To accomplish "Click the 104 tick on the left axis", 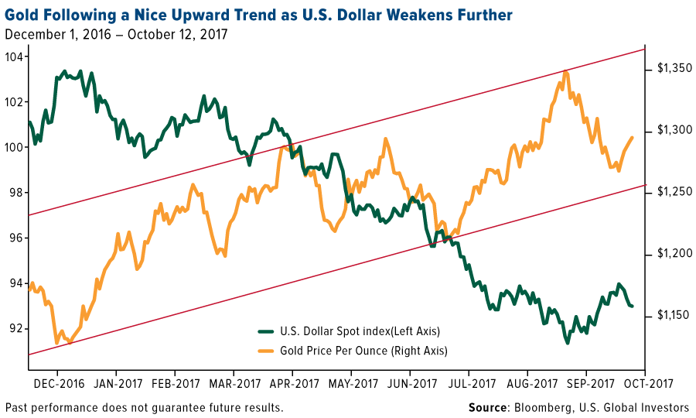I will pyautogui.click(x=15, y=57).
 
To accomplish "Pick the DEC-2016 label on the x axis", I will pyautogui.click(x=59, y=382).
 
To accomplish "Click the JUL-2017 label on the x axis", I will pyautogui.click(x=472, y=382).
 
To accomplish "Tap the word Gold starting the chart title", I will pyautogui.click(x=22, y=15).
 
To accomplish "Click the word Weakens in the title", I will pyautogui.click(x=408, y=15).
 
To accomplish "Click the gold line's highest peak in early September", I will pyautogui.click(x=566, y=72).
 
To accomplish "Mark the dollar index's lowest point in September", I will pyautogui.click(x=568, y=342).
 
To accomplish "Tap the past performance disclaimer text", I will pyautogui.click(x=144, y=407).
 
